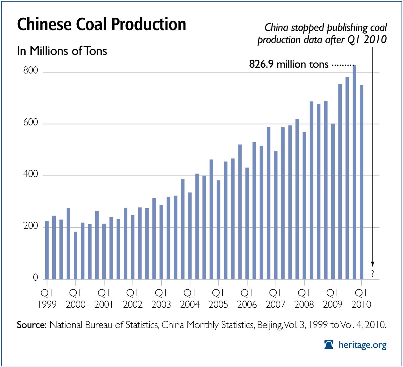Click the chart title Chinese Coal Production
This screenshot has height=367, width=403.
101,24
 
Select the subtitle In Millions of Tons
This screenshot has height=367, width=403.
62,51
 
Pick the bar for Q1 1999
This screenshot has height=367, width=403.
47,250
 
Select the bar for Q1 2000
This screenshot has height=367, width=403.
75,255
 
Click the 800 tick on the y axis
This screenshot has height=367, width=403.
30,71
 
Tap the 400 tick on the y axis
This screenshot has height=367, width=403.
30,175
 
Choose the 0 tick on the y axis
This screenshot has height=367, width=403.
35,278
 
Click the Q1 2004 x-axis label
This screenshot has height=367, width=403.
190,298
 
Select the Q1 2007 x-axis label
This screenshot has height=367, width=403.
275,298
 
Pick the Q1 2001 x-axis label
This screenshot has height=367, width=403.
104,298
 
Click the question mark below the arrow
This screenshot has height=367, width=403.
373,274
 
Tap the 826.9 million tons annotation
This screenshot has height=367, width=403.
289,64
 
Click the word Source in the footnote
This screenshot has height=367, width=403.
32,325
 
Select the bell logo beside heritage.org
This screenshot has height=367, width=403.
329,345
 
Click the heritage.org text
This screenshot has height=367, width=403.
363,345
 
